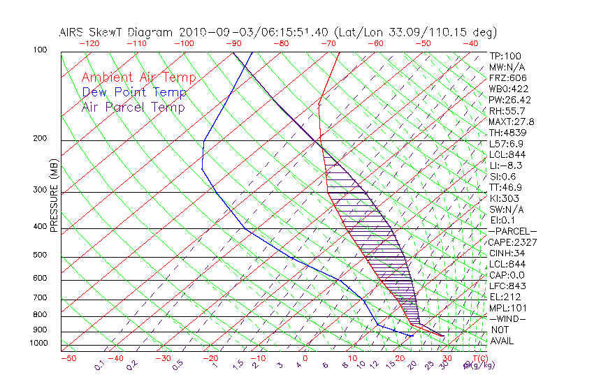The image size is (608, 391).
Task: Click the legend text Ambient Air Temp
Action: click(139, 78)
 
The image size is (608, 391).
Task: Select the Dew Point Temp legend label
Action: click(134, 92)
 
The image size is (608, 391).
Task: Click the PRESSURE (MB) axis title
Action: click(54, 195)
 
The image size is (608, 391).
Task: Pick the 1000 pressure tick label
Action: click(39, 343)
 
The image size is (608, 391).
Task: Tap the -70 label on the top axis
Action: click(327, 43)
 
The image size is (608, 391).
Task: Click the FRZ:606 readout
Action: click(506, 78)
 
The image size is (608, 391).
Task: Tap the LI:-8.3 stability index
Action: click(506, 165)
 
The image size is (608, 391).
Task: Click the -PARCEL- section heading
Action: click(512, 231)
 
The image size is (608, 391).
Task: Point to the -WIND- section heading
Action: click(507, 318)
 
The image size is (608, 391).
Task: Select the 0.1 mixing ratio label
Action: click(100, 364)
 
